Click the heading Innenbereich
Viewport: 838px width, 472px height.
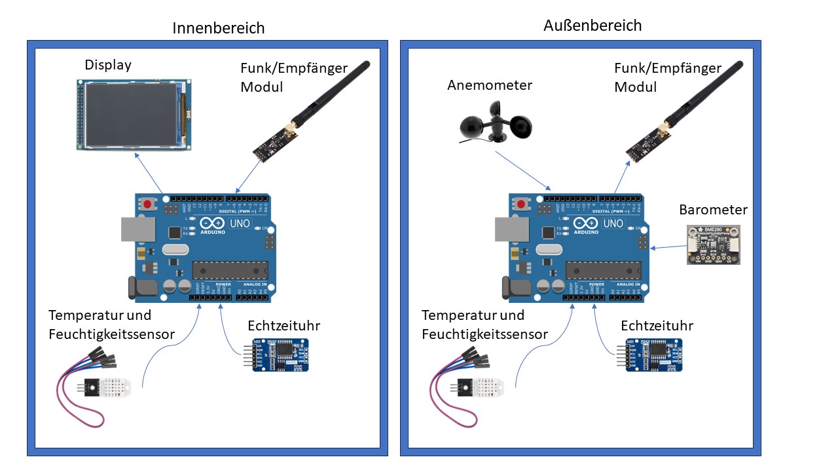219,28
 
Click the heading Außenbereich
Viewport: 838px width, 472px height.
592,26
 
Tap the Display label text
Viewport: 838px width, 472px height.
108,65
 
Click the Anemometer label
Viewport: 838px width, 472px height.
490,85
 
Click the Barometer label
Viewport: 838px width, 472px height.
714,210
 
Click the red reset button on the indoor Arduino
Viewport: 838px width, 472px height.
148,204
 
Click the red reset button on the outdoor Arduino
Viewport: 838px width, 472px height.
522,204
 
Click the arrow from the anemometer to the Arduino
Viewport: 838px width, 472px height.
522,169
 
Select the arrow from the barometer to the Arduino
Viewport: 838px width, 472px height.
666,247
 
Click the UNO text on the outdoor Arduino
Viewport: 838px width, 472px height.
613,224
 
